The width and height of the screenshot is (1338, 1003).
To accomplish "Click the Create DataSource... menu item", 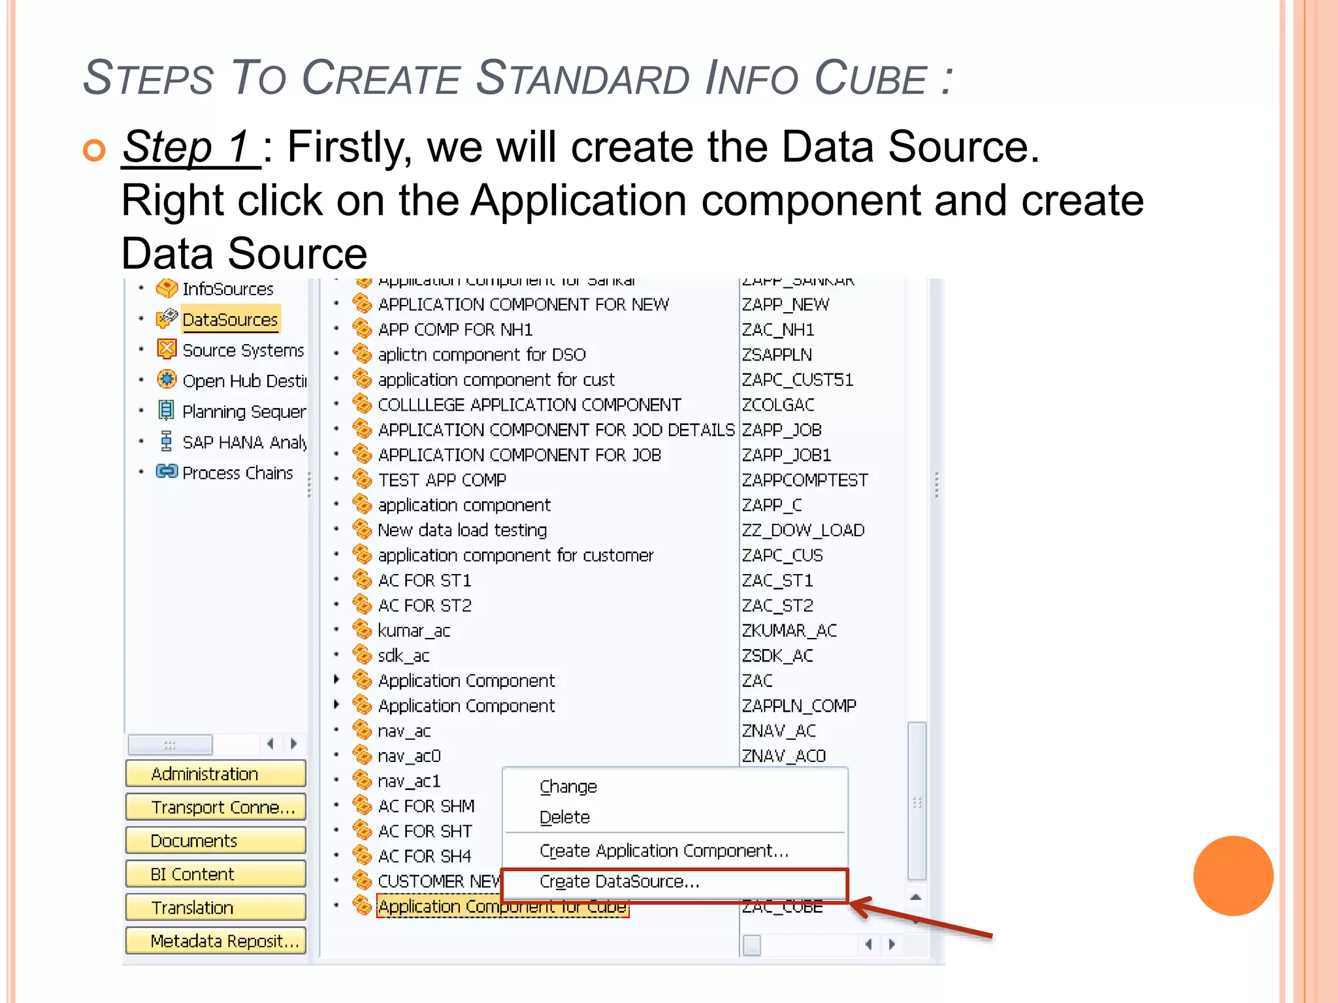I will pyautogui.click(x=619, y=882).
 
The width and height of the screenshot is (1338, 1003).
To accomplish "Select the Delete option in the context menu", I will pyautogui.click(x=564, y=818).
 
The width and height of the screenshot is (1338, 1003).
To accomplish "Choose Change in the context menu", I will pyautogui.click(x=568, y=787).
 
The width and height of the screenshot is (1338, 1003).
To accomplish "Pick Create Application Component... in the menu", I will pyautogui.click(x=664, y=851).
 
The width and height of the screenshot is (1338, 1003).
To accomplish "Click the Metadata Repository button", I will pyautogui.click(x=215, y=941).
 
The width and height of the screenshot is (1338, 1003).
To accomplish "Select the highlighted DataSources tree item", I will pyautogui.click(x=230, y=320).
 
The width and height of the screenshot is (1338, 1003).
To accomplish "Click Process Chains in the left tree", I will pyautogui.click(x=237, y=473).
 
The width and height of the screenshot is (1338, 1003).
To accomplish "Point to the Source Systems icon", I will pyautogui.click(x=167, y=349).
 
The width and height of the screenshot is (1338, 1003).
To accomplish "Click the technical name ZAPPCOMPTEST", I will pyautogui.click(x=805, y=481).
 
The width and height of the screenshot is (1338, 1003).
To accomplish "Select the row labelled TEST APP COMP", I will pyautogui.click(x=442, y=481).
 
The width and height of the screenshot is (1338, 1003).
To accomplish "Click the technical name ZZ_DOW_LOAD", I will pyautogui.click(x=803, y=530).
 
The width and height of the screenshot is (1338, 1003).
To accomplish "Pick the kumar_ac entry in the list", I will pyautogui.click(x=414, y=631).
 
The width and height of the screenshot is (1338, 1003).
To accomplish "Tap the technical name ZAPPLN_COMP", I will pyautogui.click(x=798, y=706).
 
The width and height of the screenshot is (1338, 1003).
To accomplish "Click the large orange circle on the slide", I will pyautogui.click(x=1233, y=876).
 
